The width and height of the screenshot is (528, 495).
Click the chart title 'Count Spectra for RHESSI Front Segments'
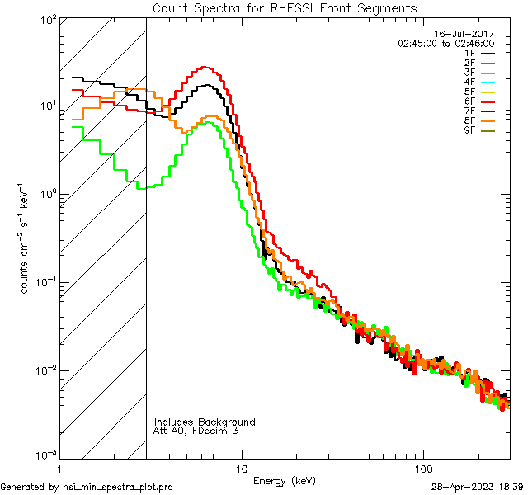click(x=285, y=7)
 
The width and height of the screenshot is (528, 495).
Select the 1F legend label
click(x=469, y=53)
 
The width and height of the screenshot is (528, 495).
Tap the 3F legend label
click(x=469, y=73)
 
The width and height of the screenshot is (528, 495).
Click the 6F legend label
click(x=469, y=101)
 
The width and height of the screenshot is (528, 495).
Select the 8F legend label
click(x=469, y=121)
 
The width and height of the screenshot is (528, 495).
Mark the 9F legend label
click(x=469, y=131)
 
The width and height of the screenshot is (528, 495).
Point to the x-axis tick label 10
click(x=242, y=468)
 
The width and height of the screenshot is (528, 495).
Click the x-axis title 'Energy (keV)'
click(x=284, y=480)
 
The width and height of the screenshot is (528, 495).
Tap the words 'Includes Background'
click(x=205, y=422)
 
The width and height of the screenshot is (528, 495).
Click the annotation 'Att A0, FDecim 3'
click(x=196, y=431)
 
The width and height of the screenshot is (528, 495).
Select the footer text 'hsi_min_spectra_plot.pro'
click(x=118, y=487)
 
